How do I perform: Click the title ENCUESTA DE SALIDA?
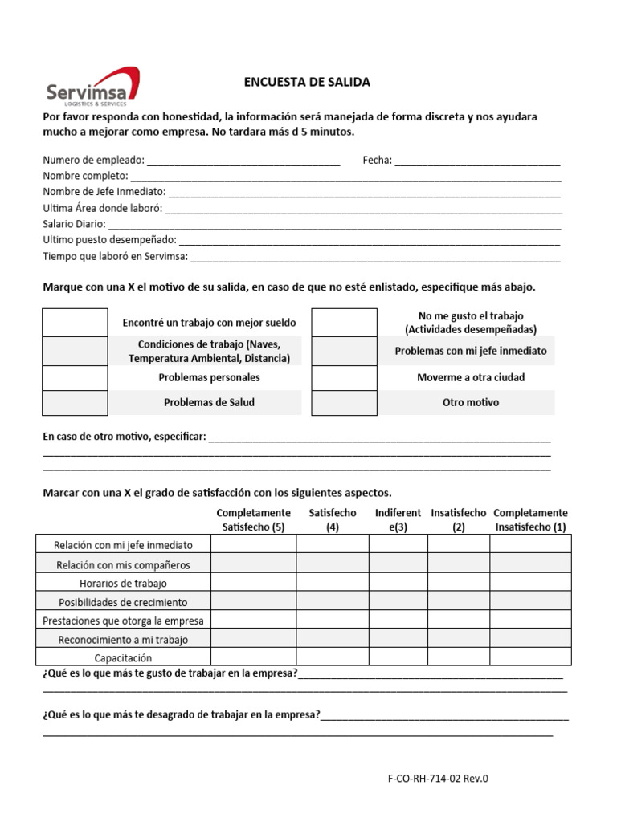[307, 83]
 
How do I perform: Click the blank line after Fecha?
[477, 161]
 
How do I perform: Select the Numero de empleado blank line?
[243, 161]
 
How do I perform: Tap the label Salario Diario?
[74, 224]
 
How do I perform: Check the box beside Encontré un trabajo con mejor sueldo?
[75, 323]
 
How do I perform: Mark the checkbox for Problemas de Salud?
[75, 402]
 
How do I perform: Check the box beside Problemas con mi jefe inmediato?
[344, 351]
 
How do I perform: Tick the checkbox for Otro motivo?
[344, 402]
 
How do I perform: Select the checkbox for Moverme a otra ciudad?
[344, 377]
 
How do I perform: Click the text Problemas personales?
[209, 377]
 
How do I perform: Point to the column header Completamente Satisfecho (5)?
[253, 520]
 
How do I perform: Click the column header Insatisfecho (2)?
[458, 520]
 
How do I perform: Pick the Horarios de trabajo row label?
[123, 584]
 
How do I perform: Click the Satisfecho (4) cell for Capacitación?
[333, 657]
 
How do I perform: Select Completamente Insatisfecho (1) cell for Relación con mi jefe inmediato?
[530, 544]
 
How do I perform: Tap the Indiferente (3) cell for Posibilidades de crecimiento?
[398, 601]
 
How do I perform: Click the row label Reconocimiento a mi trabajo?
[123, 640]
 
